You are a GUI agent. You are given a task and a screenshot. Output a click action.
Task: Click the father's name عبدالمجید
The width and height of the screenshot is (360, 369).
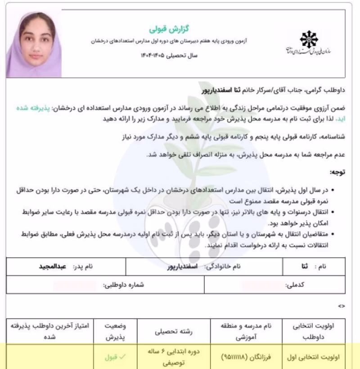point(53,266)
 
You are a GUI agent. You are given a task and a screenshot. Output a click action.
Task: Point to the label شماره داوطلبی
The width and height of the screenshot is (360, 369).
point(124,285)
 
